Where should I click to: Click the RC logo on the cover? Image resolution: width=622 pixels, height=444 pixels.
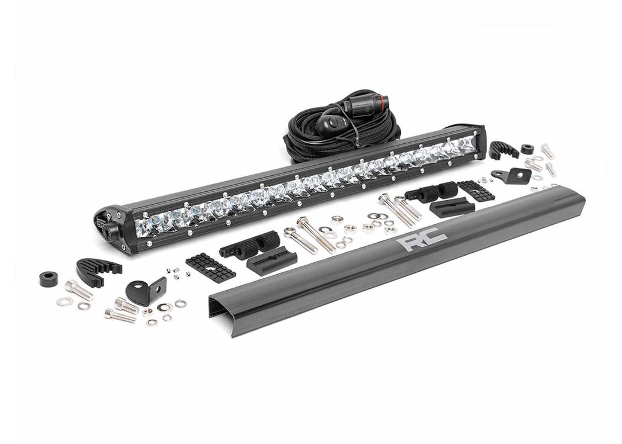click(x=424, y=239)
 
